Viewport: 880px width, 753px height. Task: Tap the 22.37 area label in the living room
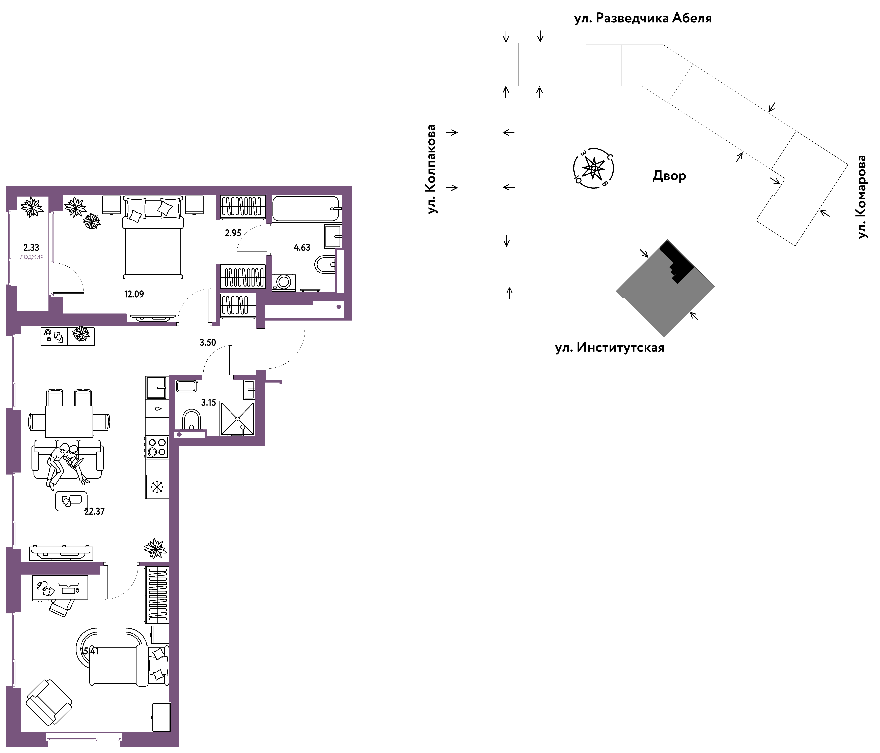click(x=94, y=511)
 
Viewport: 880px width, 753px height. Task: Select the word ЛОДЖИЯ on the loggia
click(x=32, y=257)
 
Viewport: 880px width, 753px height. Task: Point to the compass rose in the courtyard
click(x=593, y=168)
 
